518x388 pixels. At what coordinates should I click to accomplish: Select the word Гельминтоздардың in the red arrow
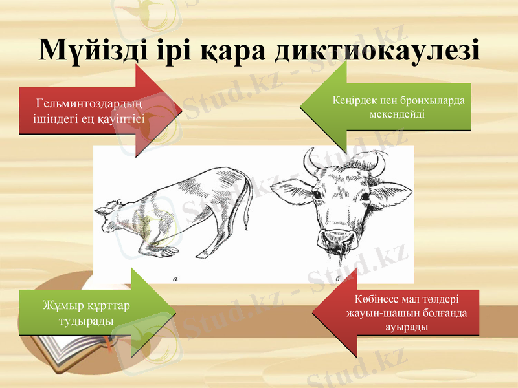89,102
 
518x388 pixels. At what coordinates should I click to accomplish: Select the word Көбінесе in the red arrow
377,300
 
